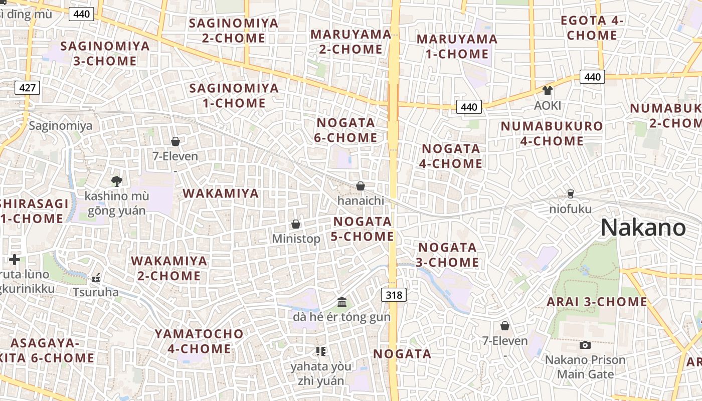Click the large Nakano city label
pos(643,228)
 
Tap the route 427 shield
pos(27,88)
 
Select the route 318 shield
pos(394,295)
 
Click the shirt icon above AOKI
pos(547,91)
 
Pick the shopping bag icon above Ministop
pos(296,224)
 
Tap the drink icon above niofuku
pos(570,193)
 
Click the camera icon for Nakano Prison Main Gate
pos(585,345)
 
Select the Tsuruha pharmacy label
pos(96,292)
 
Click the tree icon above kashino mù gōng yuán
pos(117,181)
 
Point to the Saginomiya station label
pos(61,125)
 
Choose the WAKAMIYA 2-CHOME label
pos(169,268)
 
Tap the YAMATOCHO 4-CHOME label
pos(199,341)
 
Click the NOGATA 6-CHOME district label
pos(346,130)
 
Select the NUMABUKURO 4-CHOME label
pos(552,133)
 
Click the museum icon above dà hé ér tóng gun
pos(342,302)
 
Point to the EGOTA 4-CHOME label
pos(592,28)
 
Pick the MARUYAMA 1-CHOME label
pos(457,46)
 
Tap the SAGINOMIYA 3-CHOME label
pos(105,54)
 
